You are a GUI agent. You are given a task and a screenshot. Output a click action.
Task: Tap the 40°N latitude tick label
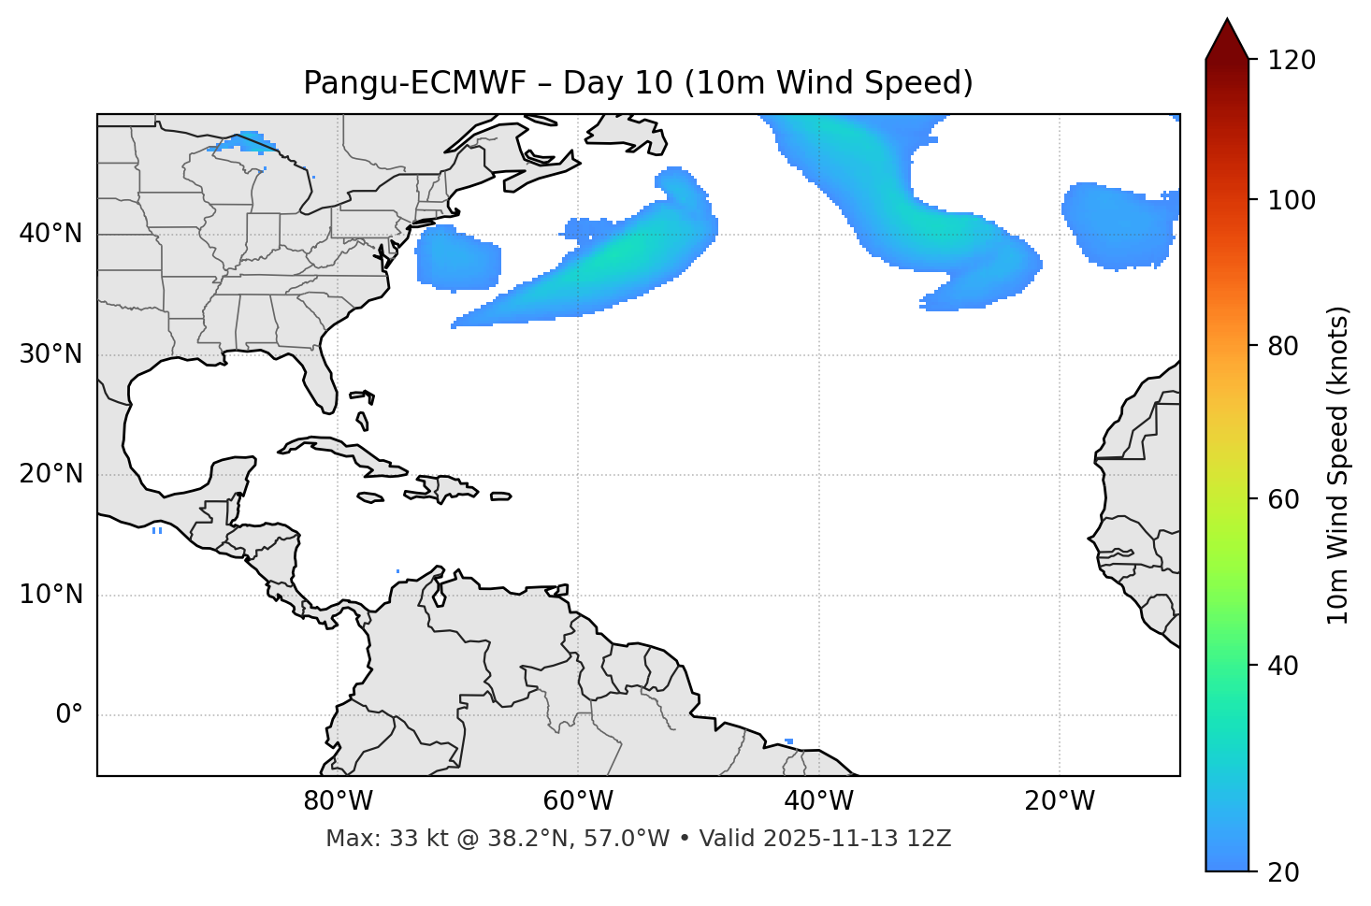coord(51,234)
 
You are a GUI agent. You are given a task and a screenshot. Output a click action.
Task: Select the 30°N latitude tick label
coord(51,354)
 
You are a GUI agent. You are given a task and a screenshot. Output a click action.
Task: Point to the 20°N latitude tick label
coord(51,474)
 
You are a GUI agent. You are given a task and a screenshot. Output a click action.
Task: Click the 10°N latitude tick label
coord(51,595)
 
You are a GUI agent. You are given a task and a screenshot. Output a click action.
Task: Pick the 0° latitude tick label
coord(68,715)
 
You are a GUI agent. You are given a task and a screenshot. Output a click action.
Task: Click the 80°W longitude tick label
coord(338,801)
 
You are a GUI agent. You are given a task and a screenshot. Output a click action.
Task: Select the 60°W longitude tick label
coord(578,801)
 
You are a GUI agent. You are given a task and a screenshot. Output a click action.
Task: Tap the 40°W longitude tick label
coord(818,801)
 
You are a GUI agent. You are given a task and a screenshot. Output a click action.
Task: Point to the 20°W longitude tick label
coord(1060,801)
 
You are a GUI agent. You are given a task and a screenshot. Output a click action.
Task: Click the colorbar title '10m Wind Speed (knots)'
coord(1338,465)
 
